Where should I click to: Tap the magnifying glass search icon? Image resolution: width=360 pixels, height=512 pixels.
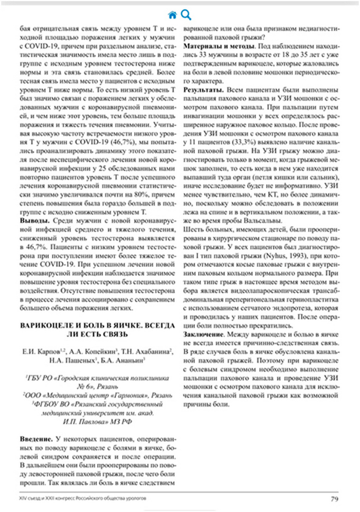pos(186,14)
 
